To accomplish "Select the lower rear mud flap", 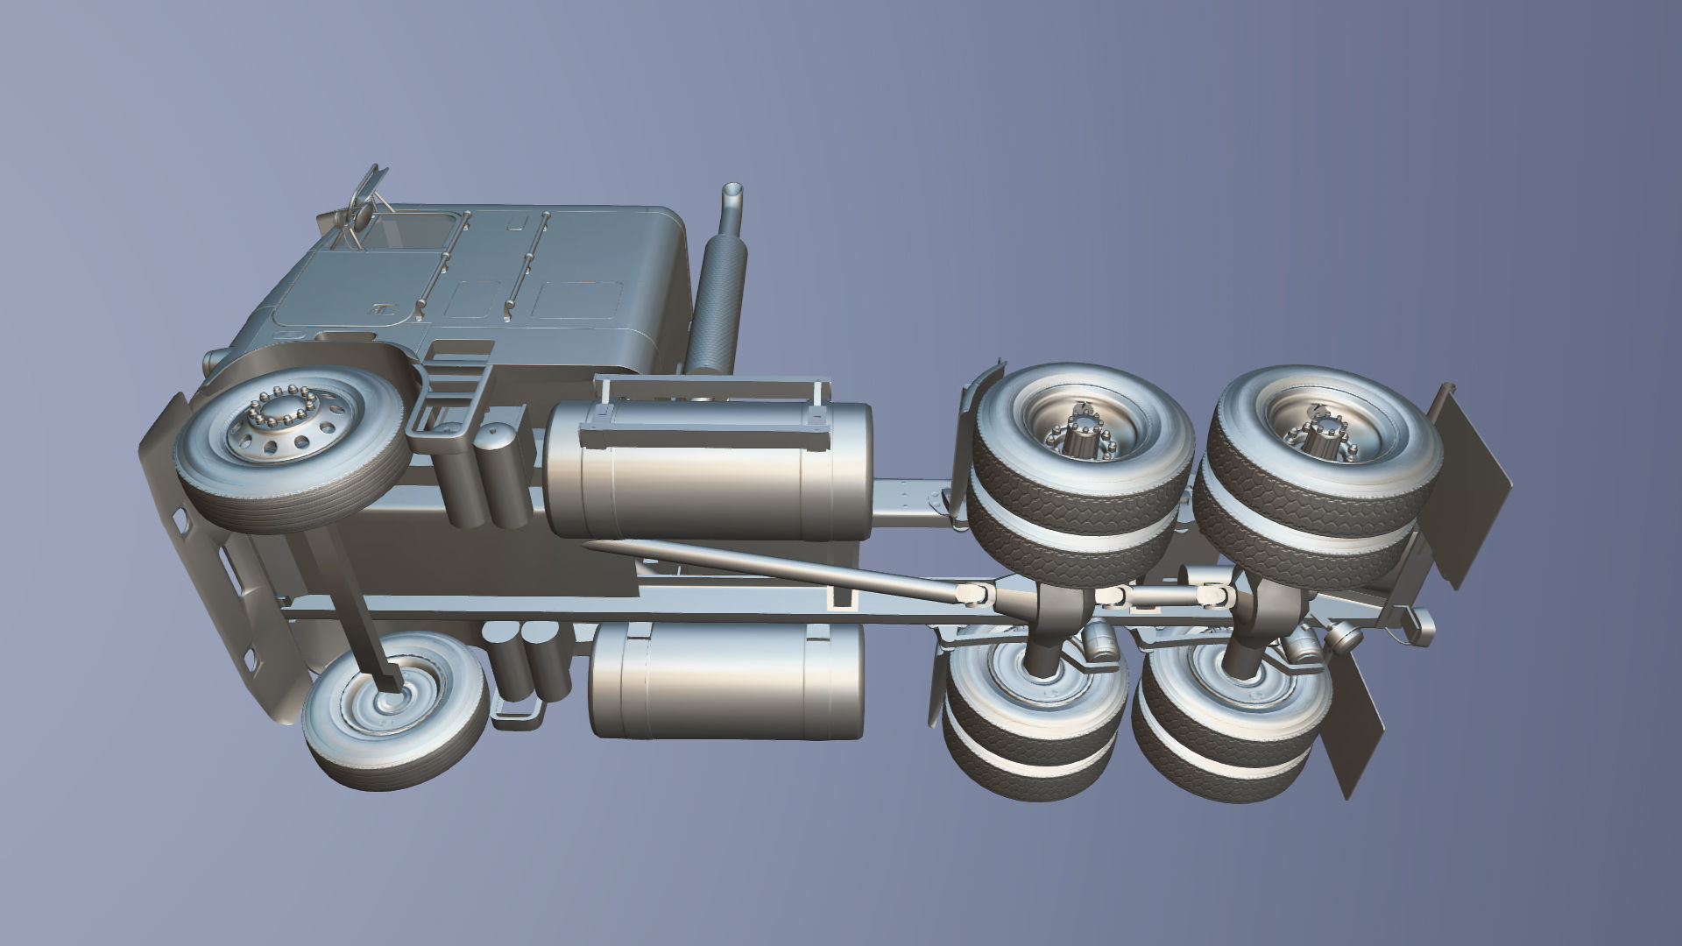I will (x=1353, y=718).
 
